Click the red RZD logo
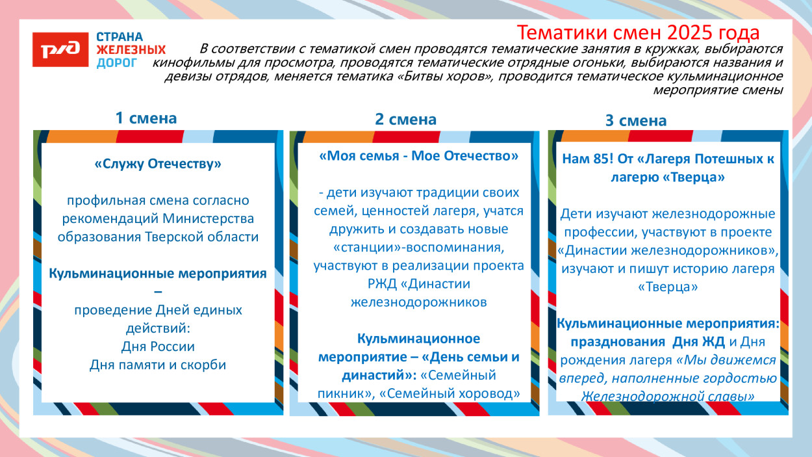point(60,50)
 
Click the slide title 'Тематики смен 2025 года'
point(638,33)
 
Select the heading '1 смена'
point(146,118)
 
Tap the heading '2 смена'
point(405,119)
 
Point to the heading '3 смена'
point(636,121)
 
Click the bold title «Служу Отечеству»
point(158,164)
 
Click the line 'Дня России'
point(158,346)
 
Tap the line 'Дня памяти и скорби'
point(158,365)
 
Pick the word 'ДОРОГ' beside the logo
point(117,62)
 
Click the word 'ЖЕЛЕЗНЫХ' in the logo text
point(131,49)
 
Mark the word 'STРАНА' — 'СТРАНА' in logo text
point(120,37)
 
